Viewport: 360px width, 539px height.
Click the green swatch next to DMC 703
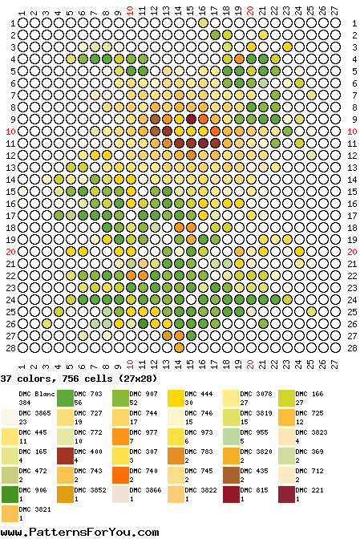(x=65, y=399)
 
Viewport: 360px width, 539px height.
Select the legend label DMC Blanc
(x=37, y=394)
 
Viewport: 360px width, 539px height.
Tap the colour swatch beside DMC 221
(x=286, y=495)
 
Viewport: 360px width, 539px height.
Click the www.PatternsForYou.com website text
(x=79, y=532)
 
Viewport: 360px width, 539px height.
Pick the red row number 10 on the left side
(x=10, y=132)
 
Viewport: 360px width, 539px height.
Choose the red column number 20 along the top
(x=251, y=10)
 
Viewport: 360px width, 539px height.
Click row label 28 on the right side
(x=352, y=348)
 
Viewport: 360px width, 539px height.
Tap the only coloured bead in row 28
(x=179, y=348)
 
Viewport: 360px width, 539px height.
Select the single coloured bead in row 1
(x=203, y=23)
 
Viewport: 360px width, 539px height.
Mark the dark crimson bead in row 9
(x=191, y=120)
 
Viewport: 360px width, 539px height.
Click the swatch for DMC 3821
(x=10, y=514)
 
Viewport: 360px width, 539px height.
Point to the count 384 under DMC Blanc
(x=25, y=403)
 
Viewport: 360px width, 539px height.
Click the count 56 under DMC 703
(x=79, y=403)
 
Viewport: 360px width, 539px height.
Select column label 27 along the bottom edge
(x=335, y=364)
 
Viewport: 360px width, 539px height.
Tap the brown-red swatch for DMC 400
(x=65, y=456)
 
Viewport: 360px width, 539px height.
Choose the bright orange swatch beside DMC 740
(x=120, y=476)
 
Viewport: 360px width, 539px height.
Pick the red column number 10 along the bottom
(x=130, y=364)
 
